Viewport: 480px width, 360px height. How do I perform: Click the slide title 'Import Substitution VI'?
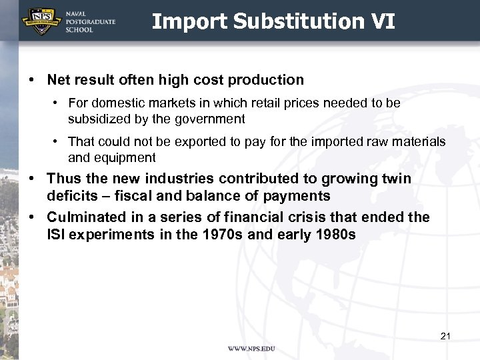click(273, 21)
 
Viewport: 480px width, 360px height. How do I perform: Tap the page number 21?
click(445, 336)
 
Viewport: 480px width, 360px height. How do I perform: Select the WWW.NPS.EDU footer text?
click(251, 349)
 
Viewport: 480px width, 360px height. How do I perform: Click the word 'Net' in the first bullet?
click(59, 80)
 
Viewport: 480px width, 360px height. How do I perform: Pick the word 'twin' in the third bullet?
click(397, 179)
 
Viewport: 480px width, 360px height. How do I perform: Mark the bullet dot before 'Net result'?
click(32, 80)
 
